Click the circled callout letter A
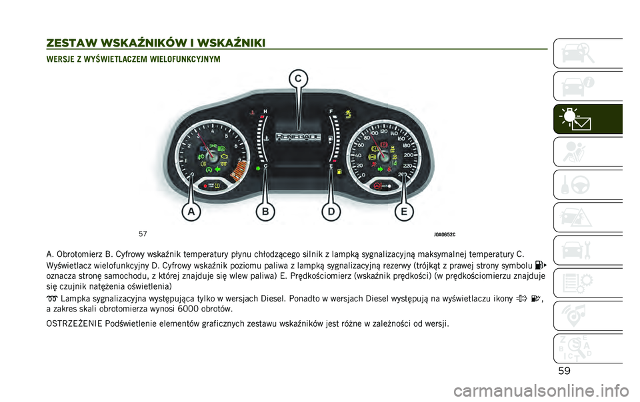point(191,212)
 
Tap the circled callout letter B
point(265,212)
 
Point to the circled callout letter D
point(330,212)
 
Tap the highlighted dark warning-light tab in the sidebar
point(587,118)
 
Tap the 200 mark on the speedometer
point(408,155)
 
